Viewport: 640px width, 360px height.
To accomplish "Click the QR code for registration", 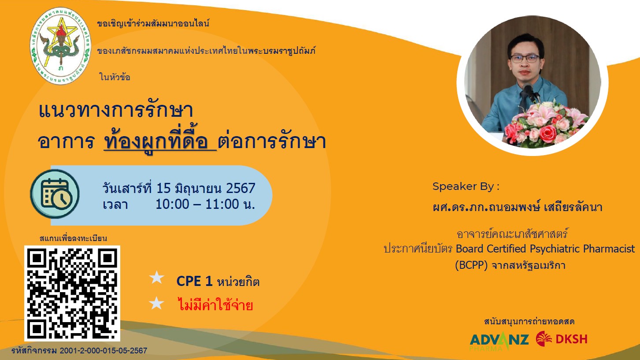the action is pos(72,293).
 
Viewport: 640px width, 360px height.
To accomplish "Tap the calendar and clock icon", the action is pos(55,194).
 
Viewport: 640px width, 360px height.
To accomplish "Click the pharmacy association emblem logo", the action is pos(61,46).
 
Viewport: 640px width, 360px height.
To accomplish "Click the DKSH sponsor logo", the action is pos(562,338).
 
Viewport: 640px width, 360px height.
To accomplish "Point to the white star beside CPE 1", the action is pos(156,278).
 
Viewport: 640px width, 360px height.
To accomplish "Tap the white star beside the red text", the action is pos(156,303).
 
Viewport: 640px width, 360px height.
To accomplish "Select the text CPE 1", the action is pos(194,281).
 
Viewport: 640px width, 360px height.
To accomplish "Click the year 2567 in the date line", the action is pos(240,188).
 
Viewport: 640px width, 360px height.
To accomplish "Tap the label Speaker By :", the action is pos(466,186).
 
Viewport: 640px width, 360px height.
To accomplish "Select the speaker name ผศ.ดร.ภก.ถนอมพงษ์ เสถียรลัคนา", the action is pos(518,207).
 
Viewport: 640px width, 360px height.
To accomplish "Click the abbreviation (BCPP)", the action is pos(471,265).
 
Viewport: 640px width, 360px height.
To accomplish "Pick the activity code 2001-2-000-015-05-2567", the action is pos(104,351).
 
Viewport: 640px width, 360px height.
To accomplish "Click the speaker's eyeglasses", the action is pos(525,59).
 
